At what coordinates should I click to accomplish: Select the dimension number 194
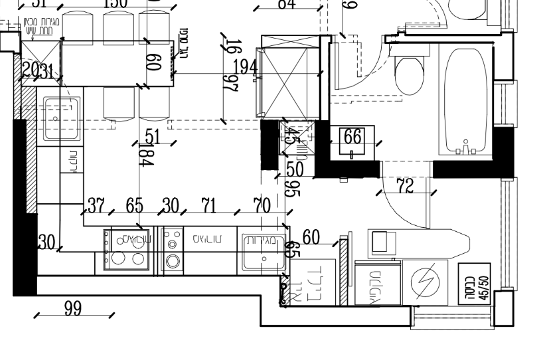pyautogui.click(x=244, y=67)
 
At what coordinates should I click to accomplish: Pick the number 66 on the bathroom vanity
pyautogui.click(x=352, y=137)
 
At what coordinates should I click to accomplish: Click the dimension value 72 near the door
pyautogui.click(x=405, y=187)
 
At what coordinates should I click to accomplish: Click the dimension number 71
pyautogui.click(x=208, y=205)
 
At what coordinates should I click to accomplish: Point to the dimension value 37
pyautogui.click(x=96, y=205)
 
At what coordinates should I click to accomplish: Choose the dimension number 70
pyautogui.click(x=262, y=205)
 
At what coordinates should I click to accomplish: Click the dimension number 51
pyautogui.click(x=153, y=137)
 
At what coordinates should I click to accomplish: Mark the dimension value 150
pyautogui.click(x=116, y=3)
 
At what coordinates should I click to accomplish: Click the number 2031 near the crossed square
pyautogui.click(x=37, y=71)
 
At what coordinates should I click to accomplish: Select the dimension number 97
pyautogui.click(x=230, y=85)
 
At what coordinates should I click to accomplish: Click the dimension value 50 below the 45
pyautogui.click(x=294, y=169)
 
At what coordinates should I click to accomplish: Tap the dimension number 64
pyautogui.click(x=286, y=4)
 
